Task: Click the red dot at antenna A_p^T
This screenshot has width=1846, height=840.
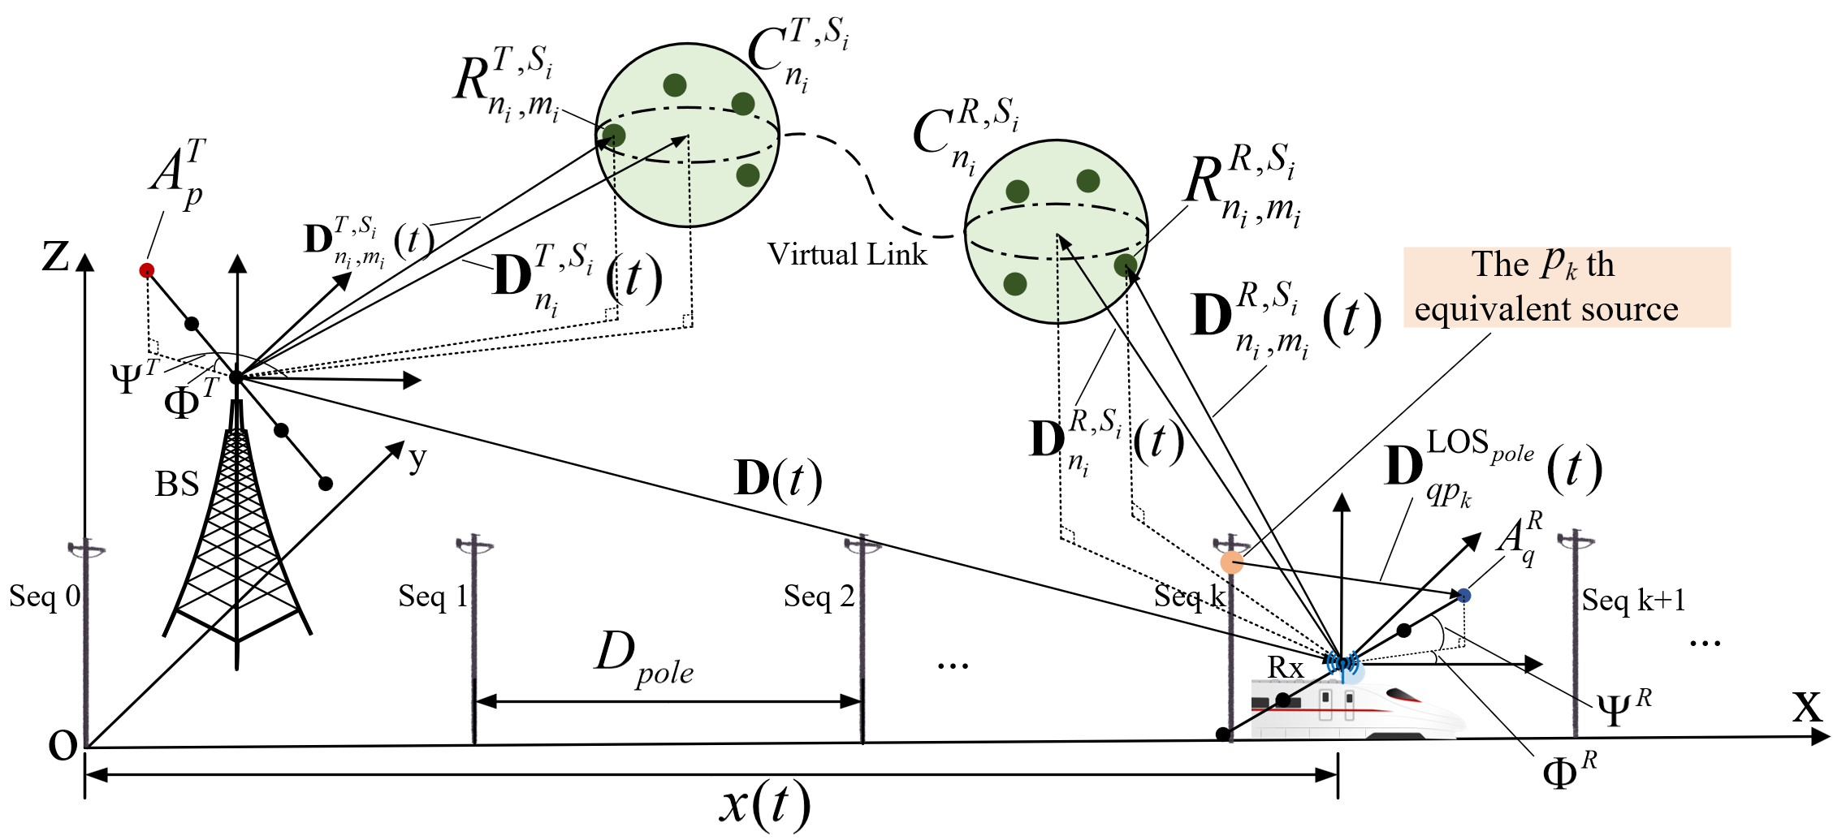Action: click(x=147, y=270)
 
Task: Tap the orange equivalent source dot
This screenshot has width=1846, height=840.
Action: click(x=1232, y=562)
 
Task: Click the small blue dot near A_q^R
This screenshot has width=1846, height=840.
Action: click(x=1463, y=596)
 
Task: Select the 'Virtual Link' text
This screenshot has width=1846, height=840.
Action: click(x=847, y=255)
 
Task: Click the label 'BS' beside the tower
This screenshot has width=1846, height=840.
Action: click(x=177, y=485)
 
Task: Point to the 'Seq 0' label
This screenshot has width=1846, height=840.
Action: click(x=45, y=597)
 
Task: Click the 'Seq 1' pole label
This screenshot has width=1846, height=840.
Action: click(x=433, y=597)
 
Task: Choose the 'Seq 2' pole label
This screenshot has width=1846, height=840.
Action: click(x=819, y=597)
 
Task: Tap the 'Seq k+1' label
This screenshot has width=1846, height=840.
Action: click(x=1633, y=601)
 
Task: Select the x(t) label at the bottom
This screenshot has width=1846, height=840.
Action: click(x=764, y=805)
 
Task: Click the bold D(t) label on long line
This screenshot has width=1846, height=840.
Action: click(x=777, y=479)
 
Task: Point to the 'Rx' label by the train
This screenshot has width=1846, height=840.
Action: click(x=1285, y=668)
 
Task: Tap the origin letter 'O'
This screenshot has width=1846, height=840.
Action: click(x=63, y=745)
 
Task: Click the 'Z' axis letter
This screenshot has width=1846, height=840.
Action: click(x=56, y=257)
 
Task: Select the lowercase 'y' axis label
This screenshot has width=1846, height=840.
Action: click(x=417, y=459)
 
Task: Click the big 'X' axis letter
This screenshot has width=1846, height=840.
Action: click(x=1807, y=708)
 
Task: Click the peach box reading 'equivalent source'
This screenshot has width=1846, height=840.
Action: click(x=1567, y=288)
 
